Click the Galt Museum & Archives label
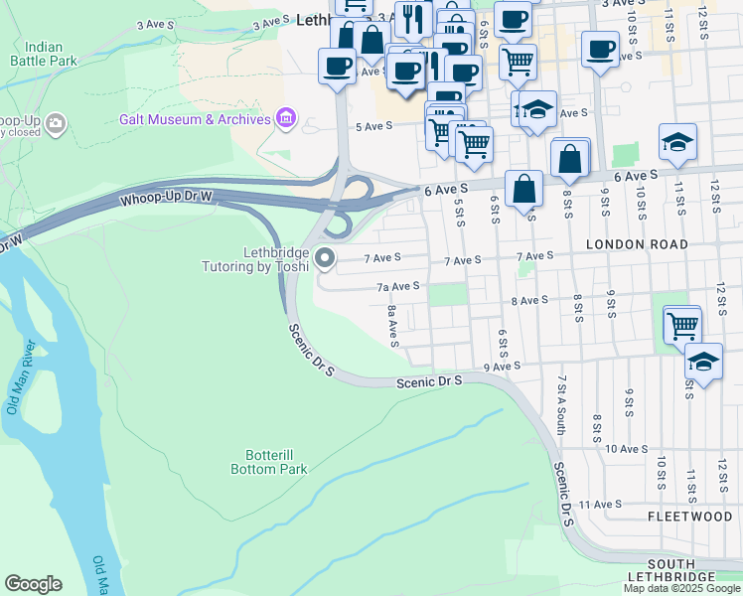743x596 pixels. [195, 119]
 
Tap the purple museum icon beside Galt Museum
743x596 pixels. [286, 119]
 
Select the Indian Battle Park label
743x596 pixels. [43, 54]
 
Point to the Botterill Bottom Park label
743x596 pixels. [268, 462]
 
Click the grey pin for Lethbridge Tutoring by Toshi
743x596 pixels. [325, 259]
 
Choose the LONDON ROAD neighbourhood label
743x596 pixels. [637, 243]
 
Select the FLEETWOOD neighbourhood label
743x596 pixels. [689, 517]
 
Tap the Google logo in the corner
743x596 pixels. [33, 584]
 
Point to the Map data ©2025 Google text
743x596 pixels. [682, 588]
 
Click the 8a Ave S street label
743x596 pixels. [393, 327]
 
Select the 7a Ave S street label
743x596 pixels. [397, 286]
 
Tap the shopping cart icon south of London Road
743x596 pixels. [681, 324]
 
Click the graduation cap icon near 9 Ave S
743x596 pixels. [703, 362]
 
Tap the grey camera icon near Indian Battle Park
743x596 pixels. [56, 123]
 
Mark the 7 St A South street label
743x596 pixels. [561, 404]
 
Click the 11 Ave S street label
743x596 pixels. [599, 505]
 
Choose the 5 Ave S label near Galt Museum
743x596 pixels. [374, 126]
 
